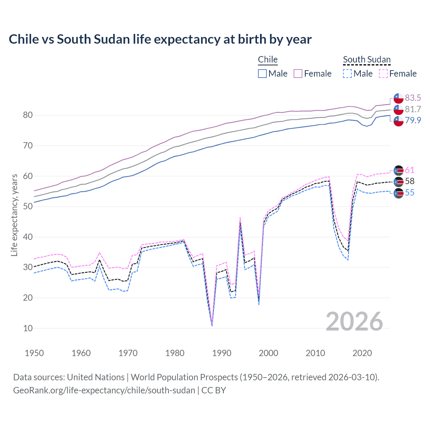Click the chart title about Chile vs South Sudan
(x=160, y=39)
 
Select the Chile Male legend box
(x=262, y=74)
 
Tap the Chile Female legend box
(x=298, y=74)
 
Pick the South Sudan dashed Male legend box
(x=347, y=74)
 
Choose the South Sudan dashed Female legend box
(x=383, y=74)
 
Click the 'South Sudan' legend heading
(x=367, y=59)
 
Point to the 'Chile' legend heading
(x=268, y=59)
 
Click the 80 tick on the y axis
(x=28, y=115)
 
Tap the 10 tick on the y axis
(x=28, y=328)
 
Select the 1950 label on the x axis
(x=34, y=353)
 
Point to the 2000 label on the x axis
(x=268, y=353)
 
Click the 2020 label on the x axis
(x=362, y=353)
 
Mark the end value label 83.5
(x=413, y=98)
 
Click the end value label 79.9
(x=413, y=120)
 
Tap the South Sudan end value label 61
(x=410, y=170)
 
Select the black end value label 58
(x=410, y=181)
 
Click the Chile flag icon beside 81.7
(x=398, y=109)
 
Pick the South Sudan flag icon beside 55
(x=398, y=193)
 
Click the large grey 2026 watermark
(x=354, y=321)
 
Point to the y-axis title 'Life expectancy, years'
(x=14, y=215)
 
